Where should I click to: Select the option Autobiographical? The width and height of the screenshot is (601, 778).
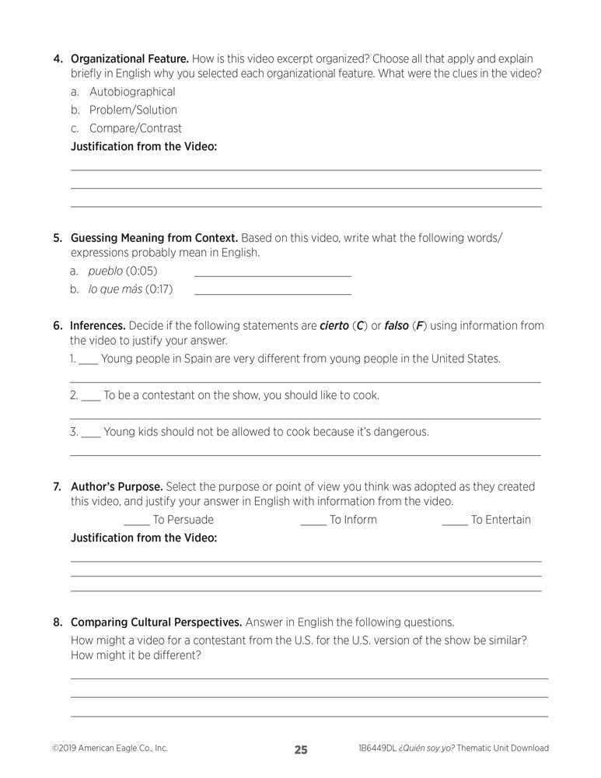(x=132, y=92)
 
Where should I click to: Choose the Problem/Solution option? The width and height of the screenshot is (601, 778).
(x=133, y=110)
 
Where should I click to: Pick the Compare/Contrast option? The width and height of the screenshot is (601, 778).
(x=135, y=128)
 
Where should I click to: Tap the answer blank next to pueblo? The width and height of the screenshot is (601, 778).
(x=272, y=272)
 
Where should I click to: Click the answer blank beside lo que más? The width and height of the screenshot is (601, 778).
(x=272, y=290)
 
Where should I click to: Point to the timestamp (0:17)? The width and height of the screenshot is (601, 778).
(x=159, y=289)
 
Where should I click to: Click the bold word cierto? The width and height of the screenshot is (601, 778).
(x=334, y=325)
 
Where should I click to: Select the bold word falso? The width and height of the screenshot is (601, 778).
(x=397, y=325)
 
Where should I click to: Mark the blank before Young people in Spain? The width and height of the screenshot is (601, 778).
(x=88, y=361)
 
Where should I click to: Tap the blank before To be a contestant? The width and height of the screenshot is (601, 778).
(x=90, y=397)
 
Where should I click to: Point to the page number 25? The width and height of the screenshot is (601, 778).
(x=301, y=750)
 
